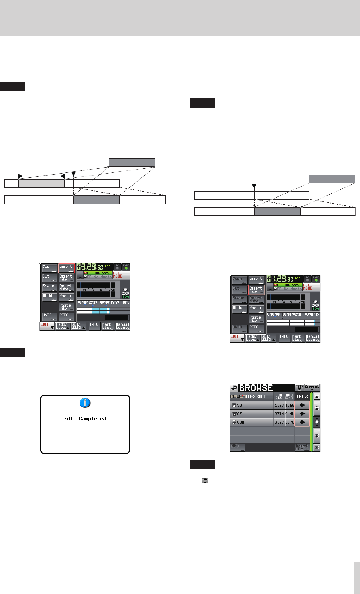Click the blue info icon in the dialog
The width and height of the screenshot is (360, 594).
click(x=85, y=403)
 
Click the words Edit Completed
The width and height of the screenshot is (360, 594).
click(x=85, y=419)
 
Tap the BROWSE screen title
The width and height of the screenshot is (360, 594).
click(x=256, y=388)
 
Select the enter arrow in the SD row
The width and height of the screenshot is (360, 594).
click(x=302, y=405)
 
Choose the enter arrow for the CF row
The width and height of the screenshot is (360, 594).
click(x=302, y=414)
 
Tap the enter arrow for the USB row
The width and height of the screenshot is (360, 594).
click(x=302, y=422)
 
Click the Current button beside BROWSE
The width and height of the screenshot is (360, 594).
click(x=312, y=388)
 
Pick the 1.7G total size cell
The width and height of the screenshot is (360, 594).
click(x=279, y=405)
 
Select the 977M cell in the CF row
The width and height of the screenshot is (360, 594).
click(x=279, y=414)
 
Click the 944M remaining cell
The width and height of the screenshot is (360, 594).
click(x=289, y=414)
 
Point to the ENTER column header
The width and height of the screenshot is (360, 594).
click(x=302, y=396)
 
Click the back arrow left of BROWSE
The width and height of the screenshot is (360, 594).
click(x=234, y=388)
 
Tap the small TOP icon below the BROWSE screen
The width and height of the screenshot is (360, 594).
click(x=205, y=480)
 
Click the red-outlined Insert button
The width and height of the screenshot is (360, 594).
click(x=66, y=268)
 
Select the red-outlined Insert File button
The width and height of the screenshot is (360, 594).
click(x=256, y=290)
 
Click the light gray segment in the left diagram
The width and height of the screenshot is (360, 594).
click(x=41, y=183)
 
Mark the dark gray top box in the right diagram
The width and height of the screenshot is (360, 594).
click(x=332, y=179)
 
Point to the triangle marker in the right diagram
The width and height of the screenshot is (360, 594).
click(x=254, y=186)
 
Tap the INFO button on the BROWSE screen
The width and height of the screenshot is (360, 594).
click(x=237, y=447)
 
